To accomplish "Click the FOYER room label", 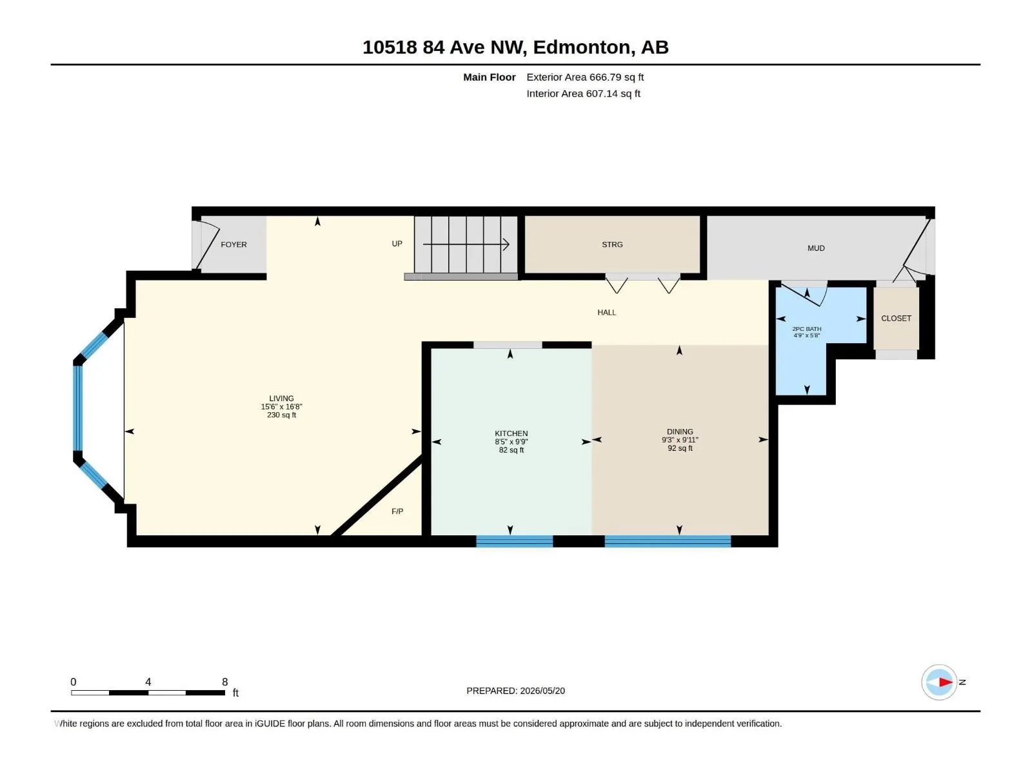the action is click(x=233, y=244).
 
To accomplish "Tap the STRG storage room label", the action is click(x=612, y=244).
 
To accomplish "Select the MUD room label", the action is click(x=816, y=248).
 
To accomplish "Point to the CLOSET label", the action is click(x=896, y=318).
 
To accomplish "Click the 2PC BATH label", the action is click(x=807, y=329).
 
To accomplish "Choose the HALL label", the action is click(x=606, y=313).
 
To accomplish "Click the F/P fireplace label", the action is click(x=397, y=511).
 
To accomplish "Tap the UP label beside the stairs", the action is click(x=397, y=243).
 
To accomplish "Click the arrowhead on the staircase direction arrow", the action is click(x=506, y=244).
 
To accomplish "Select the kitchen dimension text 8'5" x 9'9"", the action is click(x=511, y=442).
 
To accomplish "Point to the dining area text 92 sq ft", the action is click(x=680, y=448).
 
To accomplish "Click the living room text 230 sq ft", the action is click(x=282, y=415).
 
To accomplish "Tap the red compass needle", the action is click(x=946, y=682).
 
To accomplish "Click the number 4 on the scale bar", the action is click(x=148, y=682).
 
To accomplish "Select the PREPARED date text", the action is click(x=515, y=691).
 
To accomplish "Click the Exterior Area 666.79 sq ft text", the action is click(x=585, y=77).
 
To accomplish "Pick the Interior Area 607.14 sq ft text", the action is click(x=583, y=94).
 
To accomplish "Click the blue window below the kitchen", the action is click(x=514, y=541).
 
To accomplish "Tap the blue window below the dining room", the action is click(x=668, y=541).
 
